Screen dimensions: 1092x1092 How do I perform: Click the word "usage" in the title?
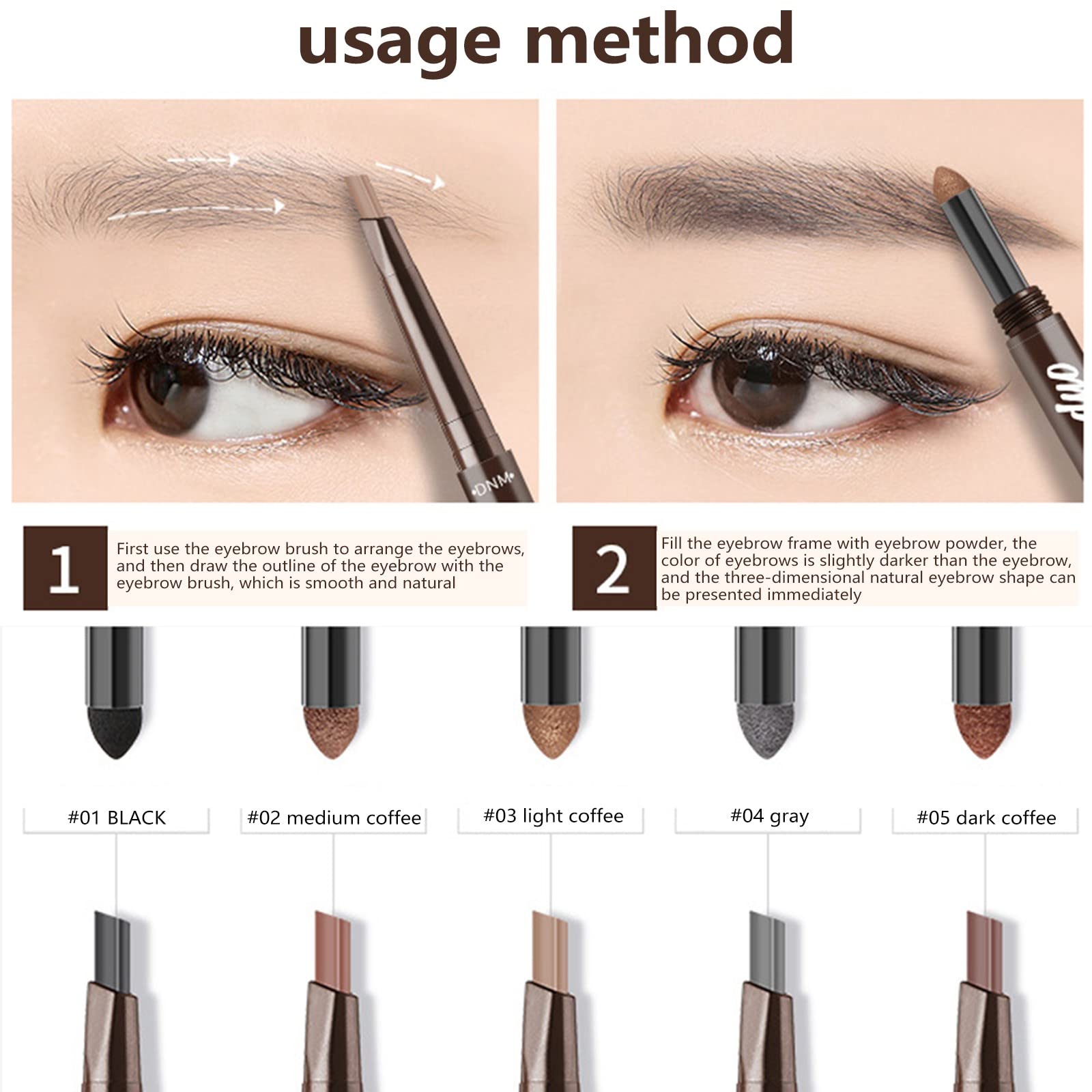(x=399, y=42)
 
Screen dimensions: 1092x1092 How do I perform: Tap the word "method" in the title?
(x=659, y=38)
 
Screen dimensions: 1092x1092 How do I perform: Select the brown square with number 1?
(x=65, y=568)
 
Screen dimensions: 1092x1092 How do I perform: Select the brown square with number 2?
(x=614, y=568)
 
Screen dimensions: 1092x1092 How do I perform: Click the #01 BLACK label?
(x=117, y=818)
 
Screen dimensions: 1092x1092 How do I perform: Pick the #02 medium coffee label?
(x=334, y=818)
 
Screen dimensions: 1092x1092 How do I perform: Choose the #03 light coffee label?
(x=553, y=816)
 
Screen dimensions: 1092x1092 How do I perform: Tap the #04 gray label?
(x=769, y=816)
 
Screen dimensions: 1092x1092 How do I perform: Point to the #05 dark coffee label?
(x=986, y=818)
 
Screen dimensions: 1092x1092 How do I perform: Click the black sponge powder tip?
(x=115, y=732)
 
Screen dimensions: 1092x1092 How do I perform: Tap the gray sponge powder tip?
(x=766, y=732)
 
